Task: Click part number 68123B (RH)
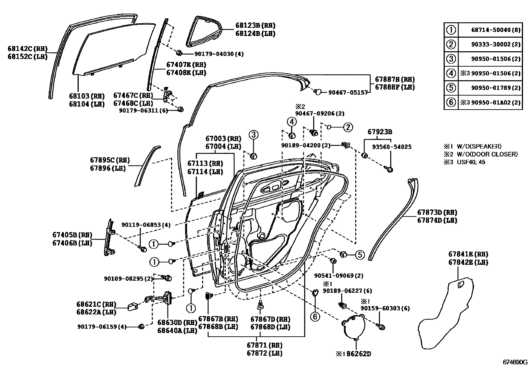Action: pyautogui.click(x=255, y=25)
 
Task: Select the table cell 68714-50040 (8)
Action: pyautogui.click(x=495, y=30)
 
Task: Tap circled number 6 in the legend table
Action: pyautogui.click(x=451, y=102)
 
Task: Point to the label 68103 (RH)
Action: pyautogui.click(x=87, y=96)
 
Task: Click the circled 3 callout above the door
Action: pyautogui.click(x=253, y=135)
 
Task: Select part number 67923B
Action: pyautogui.click(x=380, y=132)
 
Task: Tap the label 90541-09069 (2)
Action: pyautogui.click(x=339, y=276)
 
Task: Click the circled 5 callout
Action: pyautogui.click(x=360, y=255)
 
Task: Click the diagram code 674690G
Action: pyautogui.click(x=516, y=362)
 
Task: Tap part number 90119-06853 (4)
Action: pyautogui.click(x=146, y=225)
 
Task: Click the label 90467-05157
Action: pyautogui.click(x=348, y=92)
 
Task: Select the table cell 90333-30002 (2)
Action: pyautogui.click(x=495, y=44)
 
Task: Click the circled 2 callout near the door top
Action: pyautogui.click(x=348, y=127)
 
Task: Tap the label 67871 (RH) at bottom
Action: pyautogui.click(x=264, y=345)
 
